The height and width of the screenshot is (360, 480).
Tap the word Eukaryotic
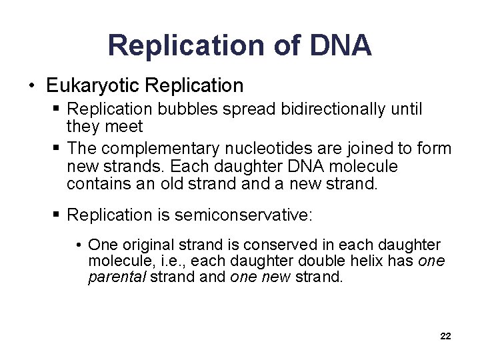pos(93,86)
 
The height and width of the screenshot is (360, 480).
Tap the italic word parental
pos(117,277)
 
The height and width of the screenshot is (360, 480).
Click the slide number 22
pos(445,337)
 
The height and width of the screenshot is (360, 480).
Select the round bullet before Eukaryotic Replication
pos(31,87)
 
